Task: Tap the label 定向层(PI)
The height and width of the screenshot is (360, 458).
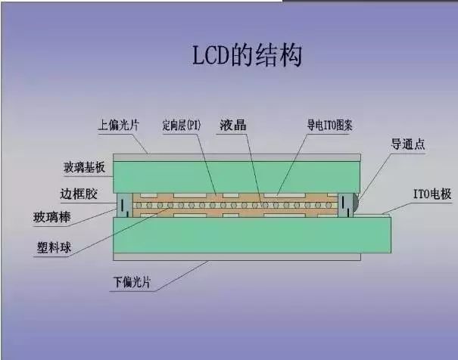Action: [x=180, y=124]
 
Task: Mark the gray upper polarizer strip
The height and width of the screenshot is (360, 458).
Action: [x=235, y=156]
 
